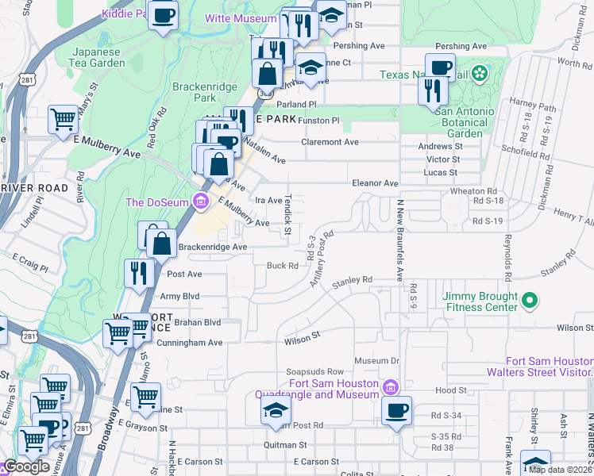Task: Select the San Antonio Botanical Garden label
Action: (x=465, y=123)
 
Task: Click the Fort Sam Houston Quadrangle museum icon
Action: (x=390, y=388)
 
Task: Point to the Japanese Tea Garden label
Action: (x=98, y=57)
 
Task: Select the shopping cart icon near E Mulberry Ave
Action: (x=63, y=121)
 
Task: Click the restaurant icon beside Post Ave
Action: (x=139, y=273)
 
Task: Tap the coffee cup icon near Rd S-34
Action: (x=396, y=411)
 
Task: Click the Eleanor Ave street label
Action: (x=376, y=183)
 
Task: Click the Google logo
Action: (x=26, y=466)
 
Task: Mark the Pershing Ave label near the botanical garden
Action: (x=461, y=47)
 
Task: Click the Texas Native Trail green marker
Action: (x=479, y=75)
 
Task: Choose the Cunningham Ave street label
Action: (x=192, y=343)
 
